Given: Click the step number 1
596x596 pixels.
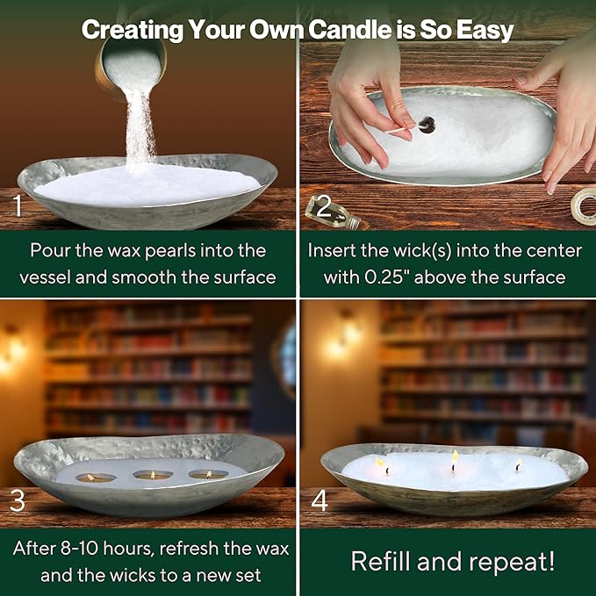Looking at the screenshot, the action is (17, 205).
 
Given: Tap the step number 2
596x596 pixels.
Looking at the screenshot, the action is (324, 206).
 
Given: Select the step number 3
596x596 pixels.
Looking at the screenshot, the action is (17, 500).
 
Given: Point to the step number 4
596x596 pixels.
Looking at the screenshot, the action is (320, 500).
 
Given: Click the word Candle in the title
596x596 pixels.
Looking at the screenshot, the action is (349, 29).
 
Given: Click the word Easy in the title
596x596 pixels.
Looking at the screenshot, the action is (485, 30).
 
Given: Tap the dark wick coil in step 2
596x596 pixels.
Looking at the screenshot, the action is (427, 125).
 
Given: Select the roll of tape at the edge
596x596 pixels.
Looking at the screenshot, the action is (584, 207).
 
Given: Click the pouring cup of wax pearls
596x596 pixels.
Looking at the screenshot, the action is (131, 64).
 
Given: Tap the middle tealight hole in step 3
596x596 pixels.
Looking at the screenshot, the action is (154, 475).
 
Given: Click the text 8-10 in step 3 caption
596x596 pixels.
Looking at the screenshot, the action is (80, 548).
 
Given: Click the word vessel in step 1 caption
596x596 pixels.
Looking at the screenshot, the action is (45, 277).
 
